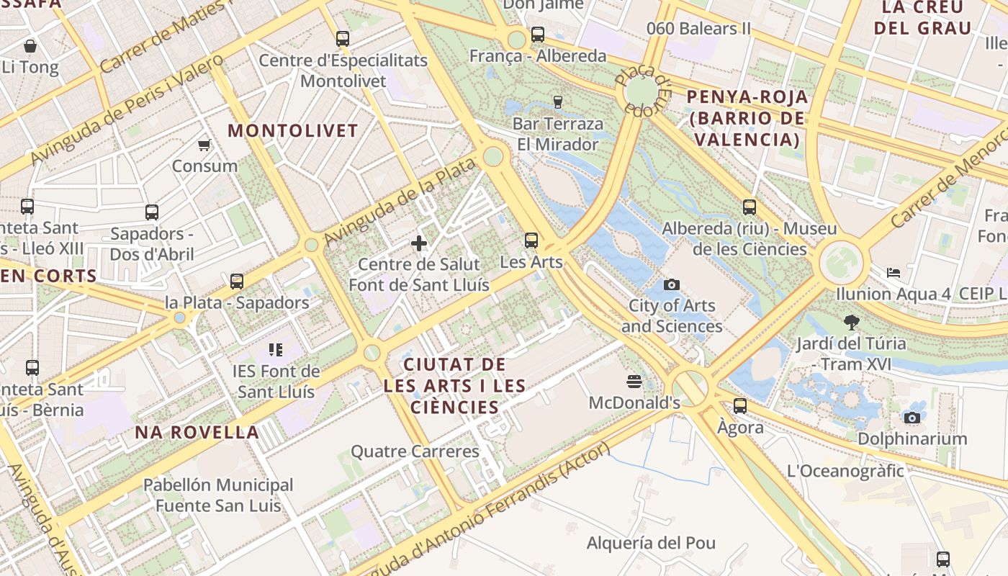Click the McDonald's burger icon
pyautogui.click(x=634, y=381)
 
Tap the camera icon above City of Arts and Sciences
pyautogui.click(x=672, y=284)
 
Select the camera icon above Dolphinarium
pyautogui.click(x=912, y=418)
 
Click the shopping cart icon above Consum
pyautogui.click(x=204, y=145)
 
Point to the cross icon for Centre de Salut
pyautogui.click(x=419, y=243)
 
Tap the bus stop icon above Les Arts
pyautogui.click(x=531, y=240)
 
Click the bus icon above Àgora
pyautogui.click(x=740, y=406)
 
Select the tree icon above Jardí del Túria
pyautogui.click(x=851, y=322)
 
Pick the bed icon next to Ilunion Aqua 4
pyautogui.click(x=894, y=273)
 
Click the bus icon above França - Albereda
pyautogui.click(x=538, y=35)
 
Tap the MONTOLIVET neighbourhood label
pyautogui.click(x=293, y=131)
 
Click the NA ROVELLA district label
pyautogui.click(x=197, y=433)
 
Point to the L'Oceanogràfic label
pyautogui.click(x=845, y=472)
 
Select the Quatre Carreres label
pyautogui.click(x=415, y=452)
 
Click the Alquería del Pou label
pyautogui.click(x=652, y=543)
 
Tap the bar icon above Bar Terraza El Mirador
pyautogui.click(x=557, y=102)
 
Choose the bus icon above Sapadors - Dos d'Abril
pyautogui.click(x=152, y=212)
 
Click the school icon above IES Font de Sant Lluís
pyautogui.click(x=276, y=350)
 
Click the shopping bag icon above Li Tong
pyautogui.click(x=30, y=47)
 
